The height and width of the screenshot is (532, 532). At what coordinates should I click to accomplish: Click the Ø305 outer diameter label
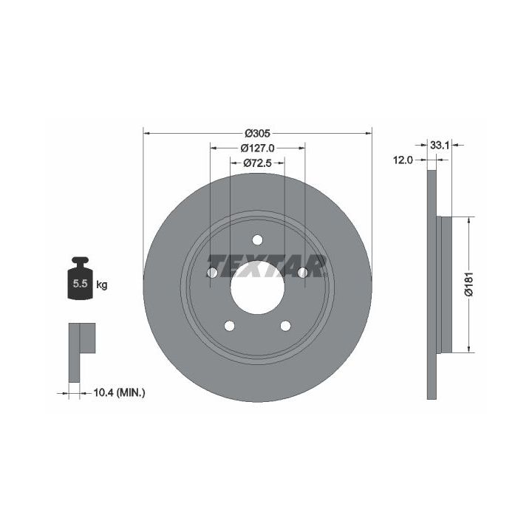tap(258, 133)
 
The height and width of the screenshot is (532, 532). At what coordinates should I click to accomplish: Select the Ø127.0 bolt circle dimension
tap(258, 149)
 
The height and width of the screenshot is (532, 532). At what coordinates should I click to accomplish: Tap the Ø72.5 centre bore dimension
tap(258, 163)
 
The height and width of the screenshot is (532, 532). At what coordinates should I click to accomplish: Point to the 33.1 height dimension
tap(440, 146)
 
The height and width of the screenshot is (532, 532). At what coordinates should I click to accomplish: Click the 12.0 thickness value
tap(403, 160)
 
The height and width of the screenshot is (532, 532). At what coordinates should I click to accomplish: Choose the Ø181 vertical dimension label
tap(468, 284)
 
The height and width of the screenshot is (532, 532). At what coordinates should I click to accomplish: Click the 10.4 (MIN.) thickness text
tap(119, 393)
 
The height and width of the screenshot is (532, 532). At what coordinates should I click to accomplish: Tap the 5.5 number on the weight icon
tap(80, 283)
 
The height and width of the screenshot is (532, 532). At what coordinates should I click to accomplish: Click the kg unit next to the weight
tap(102, 284)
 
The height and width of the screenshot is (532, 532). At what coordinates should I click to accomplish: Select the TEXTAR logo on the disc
tap(267, 266)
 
